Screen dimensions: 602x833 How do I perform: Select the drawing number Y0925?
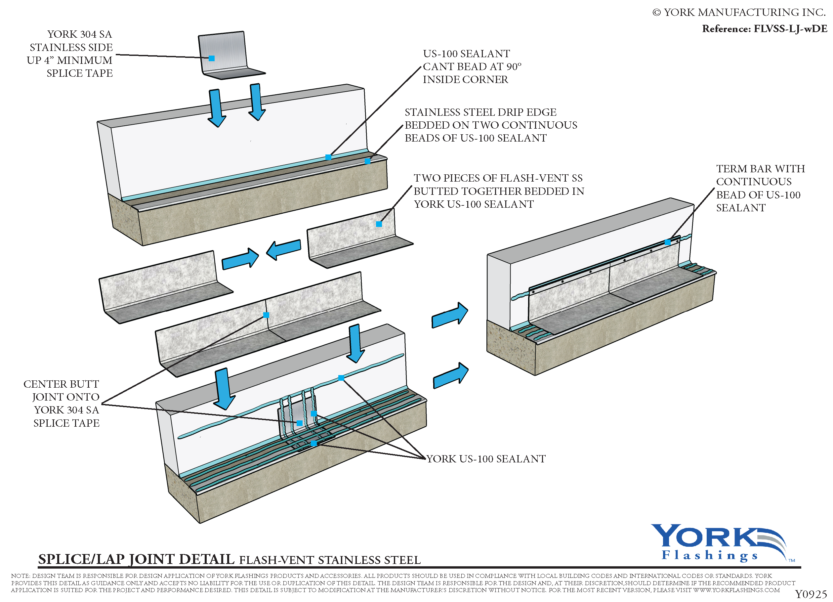pyautogui.click(x=810, y=594)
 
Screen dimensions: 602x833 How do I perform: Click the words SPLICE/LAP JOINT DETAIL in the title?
pyautogui.click(x=136, y=559)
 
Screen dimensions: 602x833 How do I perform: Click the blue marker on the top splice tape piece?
pyautogui.click(x=212, y=59)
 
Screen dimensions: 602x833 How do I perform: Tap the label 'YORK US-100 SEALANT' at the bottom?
pyautogui.click(x=485, y=459)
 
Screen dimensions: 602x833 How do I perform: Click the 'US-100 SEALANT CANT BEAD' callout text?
pyautogui.click(x=472, y=66)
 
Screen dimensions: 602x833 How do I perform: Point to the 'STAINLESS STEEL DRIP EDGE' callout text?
pyautogui.click(x=490, y=125)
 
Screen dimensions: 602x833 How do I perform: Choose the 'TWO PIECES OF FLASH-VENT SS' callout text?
pyautogui.click(x=498, y=191)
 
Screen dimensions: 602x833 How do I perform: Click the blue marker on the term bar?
pyautogui.click(x=667, y=242)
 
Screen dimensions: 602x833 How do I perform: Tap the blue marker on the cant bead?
pyautogui.click(x=328, y=157)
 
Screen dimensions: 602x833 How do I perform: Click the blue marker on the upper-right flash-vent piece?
pyautogui.click(x=379, y=224)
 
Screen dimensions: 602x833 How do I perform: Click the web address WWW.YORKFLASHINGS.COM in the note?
pyautogui.click(x=736, y=590)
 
